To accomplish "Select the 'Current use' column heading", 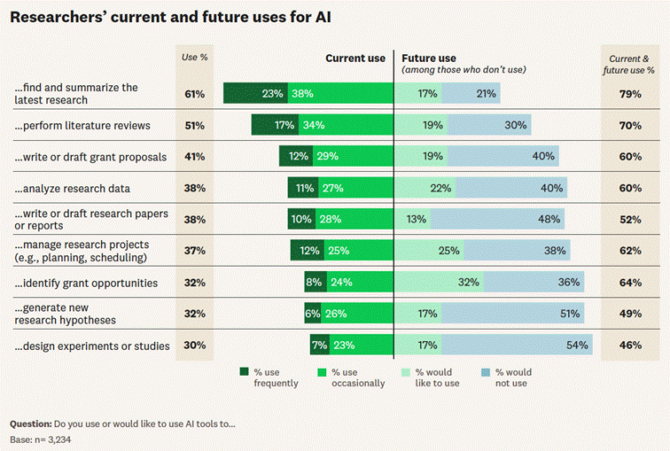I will point(354,58).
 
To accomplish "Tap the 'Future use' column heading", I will point(429,58).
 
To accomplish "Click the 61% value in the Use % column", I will point(195,94).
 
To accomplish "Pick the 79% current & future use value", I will point(630,94).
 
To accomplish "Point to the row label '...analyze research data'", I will point(72,189).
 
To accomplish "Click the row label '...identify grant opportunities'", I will point(86,283).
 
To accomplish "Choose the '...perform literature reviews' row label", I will point(82,126).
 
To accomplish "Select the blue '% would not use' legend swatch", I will point(487,371).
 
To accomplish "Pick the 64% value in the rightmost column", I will point(630,283).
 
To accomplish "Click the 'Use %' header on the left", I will point(195,58).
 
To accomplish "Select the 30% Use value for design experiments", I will point(195,346).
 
